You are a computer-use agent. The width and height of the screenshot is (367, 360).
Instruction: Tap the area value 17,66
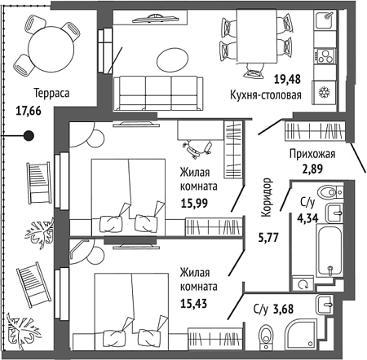(x=29, y=111)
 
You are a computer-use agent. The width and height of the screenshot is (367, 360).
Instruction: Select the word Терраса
(x=51, y=93)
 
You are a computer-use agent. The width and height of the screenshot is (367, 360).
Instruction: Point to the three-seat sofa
(x=158, y=94)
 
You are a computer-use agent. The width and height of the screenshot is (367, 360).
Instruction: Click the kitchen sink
(x=325, y=20)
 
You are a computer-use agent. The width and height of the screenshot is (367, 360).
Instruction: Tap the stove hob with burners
(x=325, y=56)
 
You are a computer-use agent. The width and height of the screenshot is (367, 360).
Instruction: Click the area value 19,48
(x=287, y=79)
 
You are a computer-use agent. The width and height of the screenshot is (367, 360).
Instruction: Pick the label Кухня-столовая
(x=266, y=95)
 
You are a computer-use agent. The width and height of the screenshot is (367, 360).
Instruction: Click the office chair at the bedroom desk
(x=197, y=148)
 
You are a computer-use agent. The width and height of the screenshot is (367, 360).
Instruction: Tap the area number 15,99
(x=194, y=203)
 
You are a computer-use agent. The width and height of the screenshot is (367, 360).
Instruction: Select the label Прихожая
(x=312, y=154)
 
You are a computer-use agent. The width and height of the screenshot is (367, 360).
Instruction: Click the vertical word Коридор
(x=266, y=197)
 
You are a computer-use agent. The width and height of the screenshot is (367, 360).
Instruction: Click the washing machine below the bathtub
(x=303, y=284)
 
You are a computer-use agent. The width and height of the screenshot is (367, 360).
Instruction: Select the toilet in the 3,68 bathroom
(x=265, y=337)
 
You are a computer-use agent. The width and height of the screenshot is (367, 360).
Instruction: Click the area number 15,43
(x=194, y=304)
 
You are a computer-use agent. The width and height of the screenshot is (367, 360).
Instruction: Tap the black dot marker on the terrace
(x=29, y=135)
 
